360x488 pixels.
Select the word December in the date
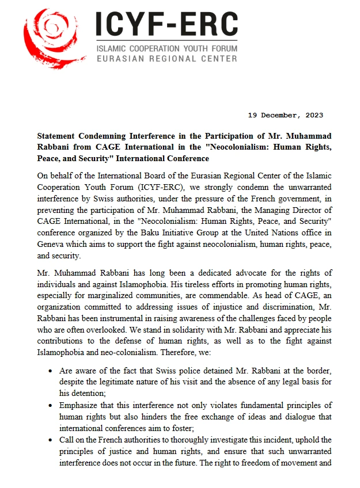(x=280, y=115)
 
